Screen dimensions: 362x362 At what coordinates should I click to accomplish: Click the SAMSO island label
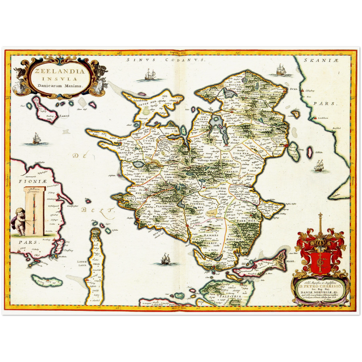(x=64, y=116)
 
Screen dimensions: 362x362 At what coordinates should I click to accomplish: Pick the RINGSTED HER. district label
(x=216, y=188)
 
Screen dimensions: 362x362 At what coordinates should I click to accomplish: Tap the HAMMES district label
(x=211, y=235)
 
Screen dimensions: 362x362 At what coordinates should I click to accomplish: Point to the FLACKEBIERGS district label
(x=165, y=206)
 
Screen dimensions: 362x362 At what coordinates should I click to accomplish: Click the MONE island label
(x=291, y=261)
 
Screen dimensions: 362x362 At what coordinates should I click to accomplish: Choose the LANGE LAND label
(x=82, y=263)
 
